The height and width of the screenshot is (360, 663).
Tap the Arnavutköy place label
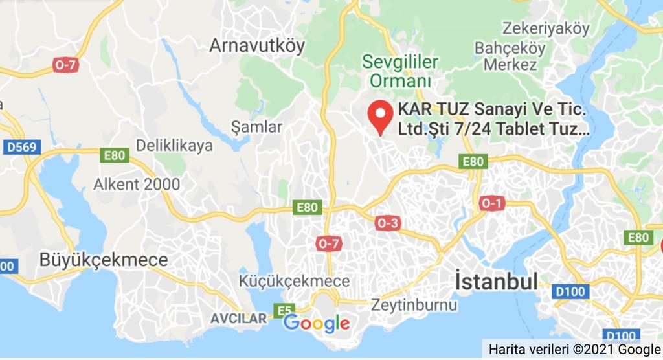(256, 46)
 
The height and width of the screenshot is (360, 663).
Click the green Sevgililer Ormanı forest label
(400, 72)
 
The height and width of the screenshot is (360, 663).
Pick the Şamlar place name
(256, 127)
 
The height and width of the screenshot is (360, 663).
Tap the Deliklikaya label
(174, 146)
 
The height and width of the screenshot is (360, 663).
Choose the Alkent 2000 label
(137, 185)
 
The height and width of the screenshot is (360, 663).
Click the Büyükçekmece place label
(104, 260)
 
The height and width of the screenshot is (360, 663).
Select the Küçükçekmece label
(294, 282)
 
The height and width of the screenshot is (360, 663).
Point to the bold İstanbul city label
(497, 282)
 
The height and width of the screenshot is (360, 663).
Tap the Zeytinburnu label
(413, 304)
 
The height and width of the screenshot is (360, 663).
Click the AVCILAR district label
(238, 318)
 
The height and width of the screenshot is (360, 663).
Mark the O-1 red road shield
(491, 204)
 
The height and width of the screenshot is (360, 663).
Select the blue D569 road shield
(21, 148)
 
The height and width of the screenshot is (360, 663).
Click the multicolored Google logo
(317, 323)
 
